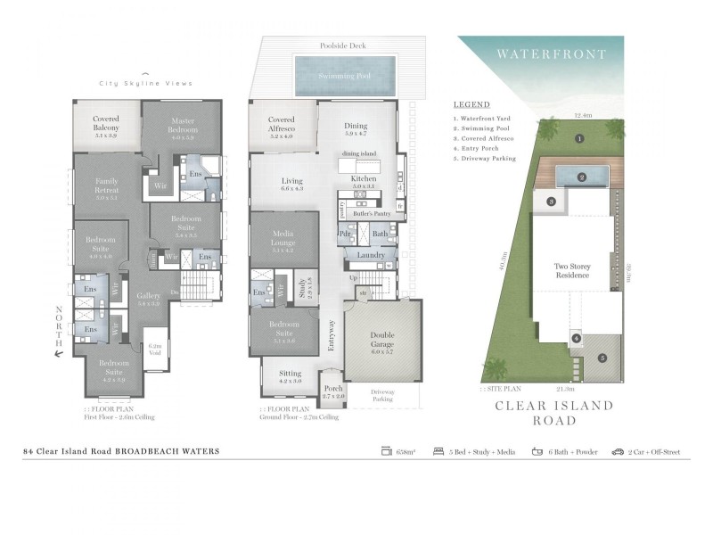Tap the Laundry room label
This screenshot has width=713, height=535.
pos(370,256)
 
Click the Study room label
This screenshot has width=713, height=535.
pos(305,288)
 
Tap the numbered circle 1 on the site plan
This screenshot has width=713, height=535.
pos(578,138)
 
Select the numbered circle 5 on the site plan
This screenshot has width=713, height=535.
pos(602,358)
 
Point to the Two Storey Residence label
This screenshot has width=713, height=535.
pos(572,271)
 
